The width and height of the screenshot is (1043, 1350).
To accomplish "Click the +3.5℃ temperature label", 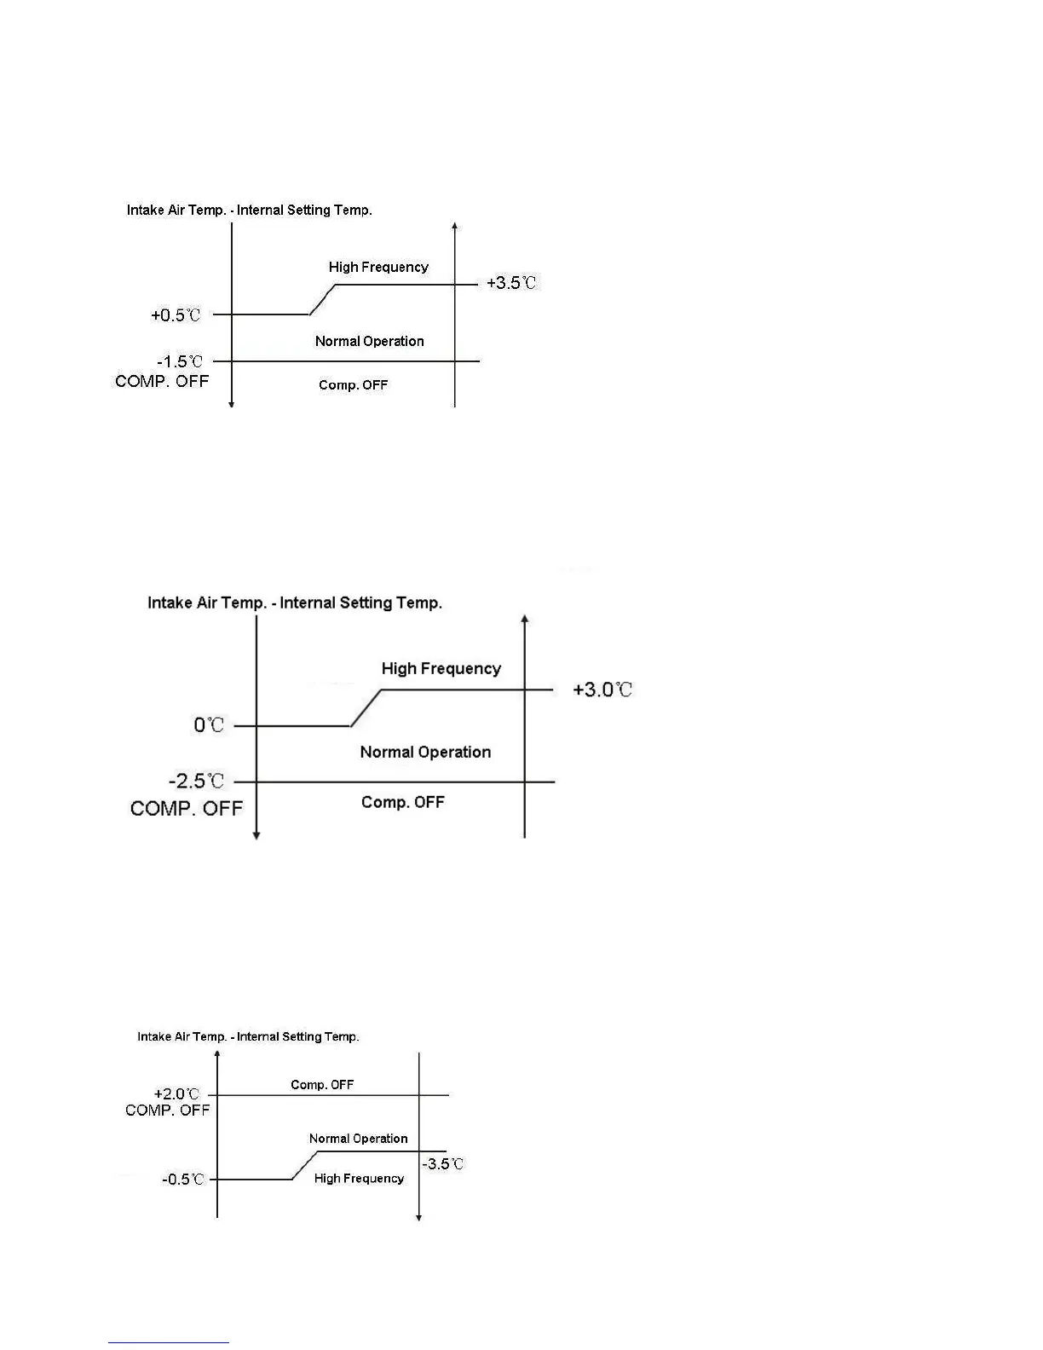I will coord(511,283).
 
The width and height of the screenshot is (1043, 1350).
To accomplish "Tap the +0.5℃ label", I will coord(176,315).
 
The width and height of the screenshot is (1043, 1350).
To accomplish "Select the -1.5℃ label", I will coord(180,362).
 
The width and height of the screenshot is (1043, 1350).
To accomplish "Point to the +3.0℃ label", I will coord(602,689).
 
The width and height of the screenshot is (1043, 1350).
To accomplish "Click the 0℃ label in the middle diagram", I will coord(209,725).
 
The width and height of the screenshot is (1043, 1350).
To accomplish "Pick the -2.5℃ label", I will coord(196,782).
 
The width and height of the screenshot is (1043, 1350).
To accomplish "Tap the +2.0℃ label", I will coord(176,1093).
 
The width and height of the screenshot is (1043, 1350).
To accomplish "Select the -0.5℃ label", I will coord(183,1180).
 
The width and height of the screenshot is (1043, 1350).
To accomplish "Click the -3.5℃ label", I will coord(443,1164).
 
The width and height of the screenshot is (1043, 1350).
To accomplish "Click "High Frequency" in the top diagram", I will coord(378,268).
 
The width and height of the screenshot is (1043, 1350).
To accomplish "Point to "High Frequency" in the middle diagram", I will coord(441,669).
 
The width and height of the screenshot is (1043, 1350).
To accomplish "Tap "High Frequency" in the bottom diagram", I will coord(359,1179).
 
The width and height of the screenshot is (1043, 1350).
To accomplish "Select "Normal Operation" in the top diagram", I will coord(369,342).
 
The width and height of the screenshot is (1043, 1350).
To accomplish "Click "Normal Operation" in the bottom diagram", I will coord(358,1139).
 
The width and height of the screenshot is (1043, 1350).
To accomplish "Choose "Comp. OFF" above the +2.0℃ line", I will coord(322,1085).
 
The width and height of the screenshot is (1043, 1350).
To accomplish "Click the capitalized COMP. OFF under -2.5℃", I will coord(187,809).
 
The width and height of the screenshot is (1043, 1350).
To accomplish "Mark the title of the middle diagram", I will coord(295,603).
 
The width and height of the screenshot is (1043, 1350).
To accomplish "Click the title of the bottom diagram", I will coord(248,1037).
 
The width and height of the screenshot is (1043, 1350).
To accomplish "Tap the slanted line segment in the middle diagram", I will coord(366,708).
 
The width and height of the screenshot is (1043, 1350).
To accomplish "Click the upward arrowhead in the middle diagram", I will coord(525,620).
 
